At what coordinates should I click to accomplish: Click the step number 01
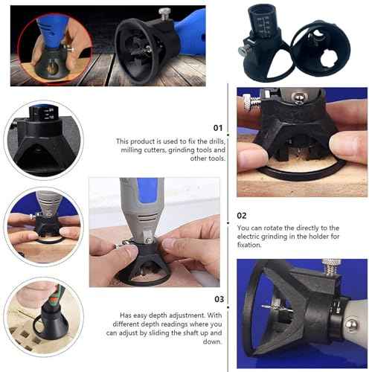point(217,128)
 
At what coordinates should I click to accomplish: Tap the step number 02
point(242,215)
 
